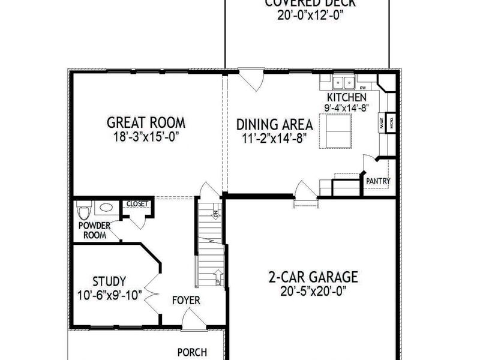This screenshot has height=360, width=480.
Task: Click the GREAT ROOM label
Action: (146, 123)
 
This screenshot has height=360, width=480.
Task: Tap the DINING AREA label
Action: (274, 125)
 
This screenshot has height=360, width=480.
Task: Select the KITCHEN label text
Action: (346, 97)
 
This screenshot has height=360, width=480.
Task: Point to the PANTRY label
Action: (378, 181)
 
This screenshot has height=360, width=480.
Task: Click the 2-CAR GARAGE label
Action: (313, 277)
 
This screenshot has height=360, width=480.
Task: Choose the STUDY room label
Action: (109, 281)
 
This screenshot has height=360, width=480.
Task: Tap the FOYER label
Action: (186, 300)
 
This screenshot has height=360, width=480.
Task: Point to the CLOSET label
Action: (137, 203)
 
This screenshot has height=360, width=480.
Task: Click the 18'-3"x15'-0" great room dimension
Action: (146, 137)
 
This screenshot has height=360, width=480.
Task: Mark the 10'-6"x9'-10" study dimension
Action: (109, 295)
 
